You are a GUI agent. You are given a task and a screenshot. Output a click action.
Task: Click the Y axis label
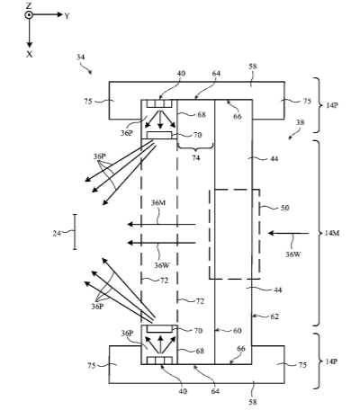tap(67, 15)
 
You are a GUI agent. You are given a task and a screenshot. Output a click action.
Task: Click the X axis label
tap(29, 54)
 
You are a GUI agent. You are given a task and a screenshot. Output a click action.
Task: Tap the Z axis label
tap(29, 5)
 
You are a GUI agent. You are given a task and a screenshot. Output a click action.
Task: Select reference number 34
tap(80, 57)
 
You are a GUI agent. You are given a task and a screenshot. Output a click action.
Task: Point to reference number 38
tap(300, 122)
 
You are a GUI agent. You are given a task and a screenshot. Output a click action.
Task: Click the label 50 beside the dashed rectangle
tap(284, 208)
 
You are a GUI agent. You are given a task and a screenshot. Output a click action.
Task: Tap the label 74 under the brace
tap(196, 158)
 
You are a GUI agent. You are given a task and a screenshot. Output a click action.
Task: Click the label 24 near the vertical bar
tap(57, 233)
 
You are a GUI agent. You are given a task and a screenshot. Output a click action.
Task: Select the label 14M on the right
tap(332, 233)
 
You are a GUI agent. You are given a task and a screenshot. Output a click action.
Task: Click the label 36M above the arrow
tap(158, 203)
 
